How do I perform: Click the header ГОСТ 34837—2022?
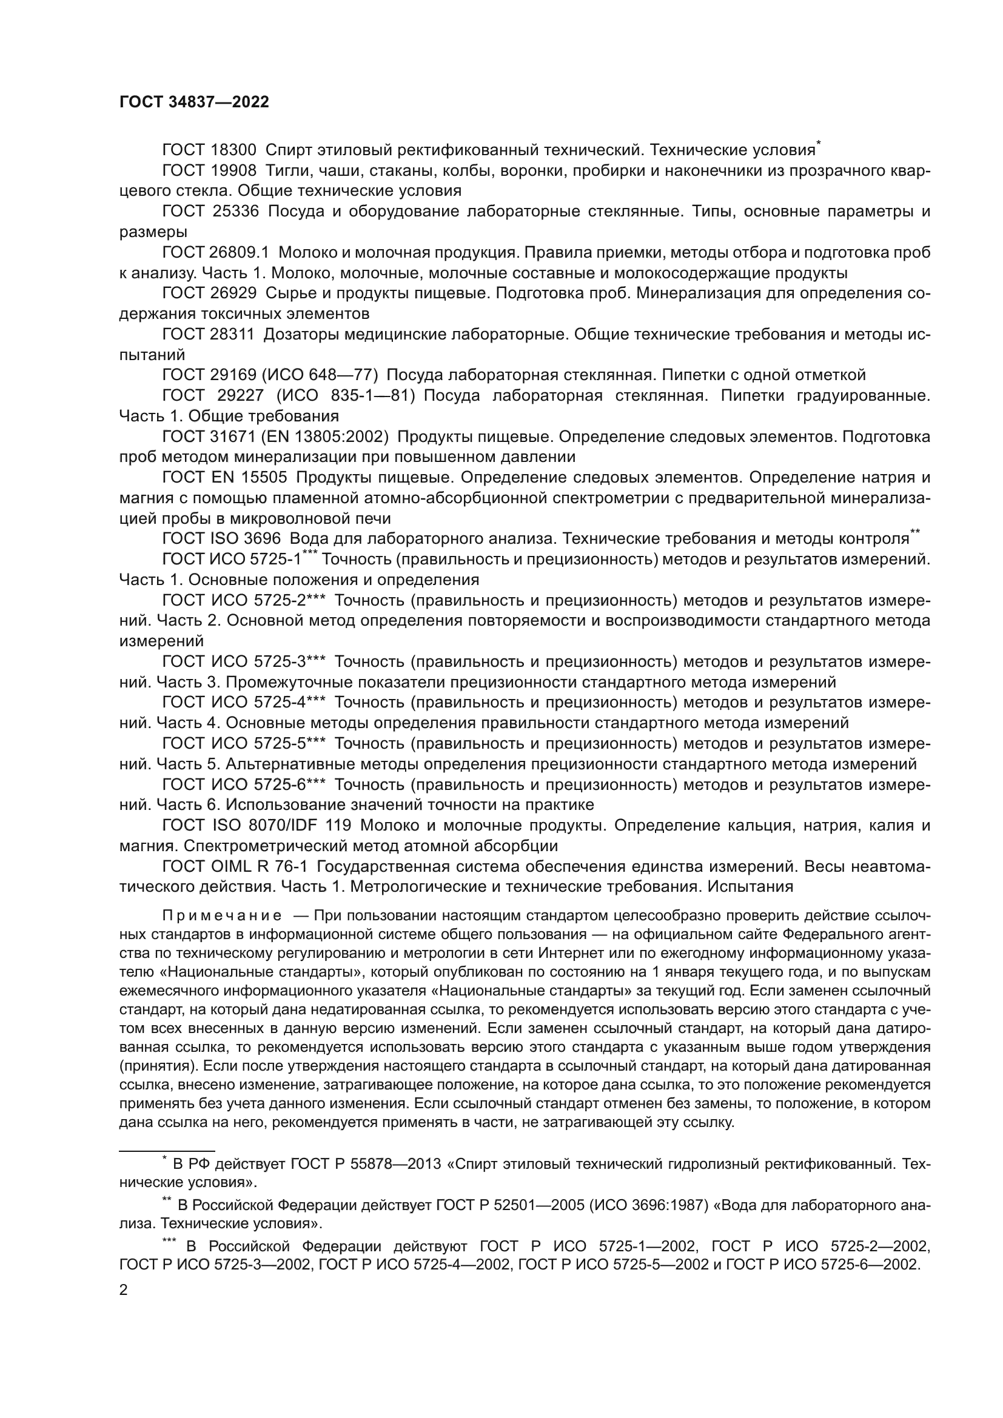point(194,102)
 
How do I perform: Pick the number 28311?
point(232,334)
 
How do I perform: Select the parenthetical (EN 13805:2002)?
point(325,436)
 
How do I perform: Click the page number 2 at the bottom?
point(124,1290)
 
